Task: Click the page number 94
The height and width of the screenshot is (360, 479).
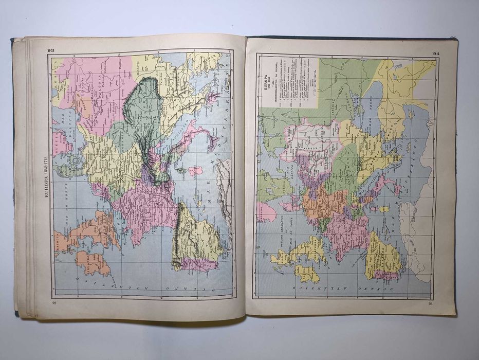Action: coord(436,53)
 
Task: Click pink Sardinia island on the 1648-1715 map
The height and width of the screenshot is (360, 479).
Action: coord(195,171)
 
